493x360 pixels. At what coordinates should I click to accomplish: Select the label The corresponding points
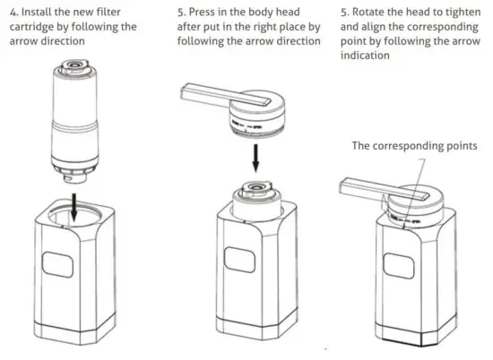(x=414, y=146)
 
